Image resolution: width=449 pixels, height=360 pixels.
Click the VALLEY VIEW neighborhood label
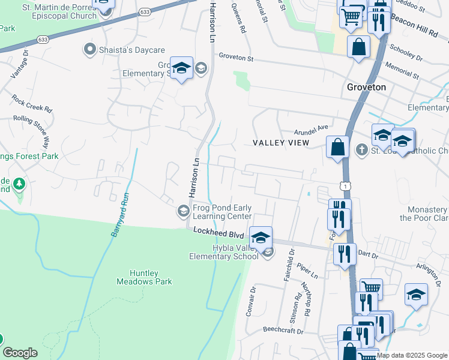click(281, 143)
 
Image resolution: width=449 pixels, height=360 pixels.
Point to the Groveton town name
click(366, 87)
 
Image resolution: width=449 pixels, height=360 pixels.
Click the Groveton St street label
click(237, 59)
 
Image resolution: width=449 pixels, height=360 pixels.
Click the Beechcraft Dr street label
click(285, 330)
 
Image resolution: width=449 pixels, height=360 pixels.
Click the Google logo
click(20, 353)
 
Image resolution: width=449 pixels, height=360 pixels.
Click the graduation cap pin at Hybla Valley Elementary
click(261, 236)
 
